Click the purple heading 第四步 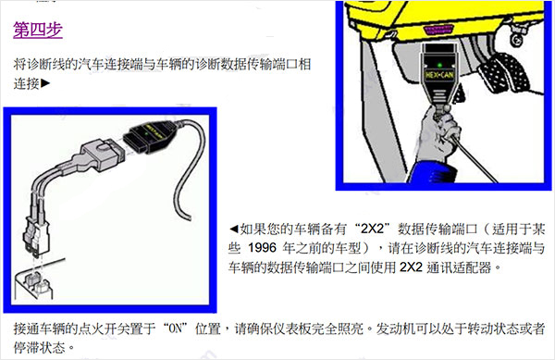pos(38,29)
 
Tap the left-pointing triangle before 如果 pos(234,228)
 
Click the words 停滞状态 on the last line pos(41,349)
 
